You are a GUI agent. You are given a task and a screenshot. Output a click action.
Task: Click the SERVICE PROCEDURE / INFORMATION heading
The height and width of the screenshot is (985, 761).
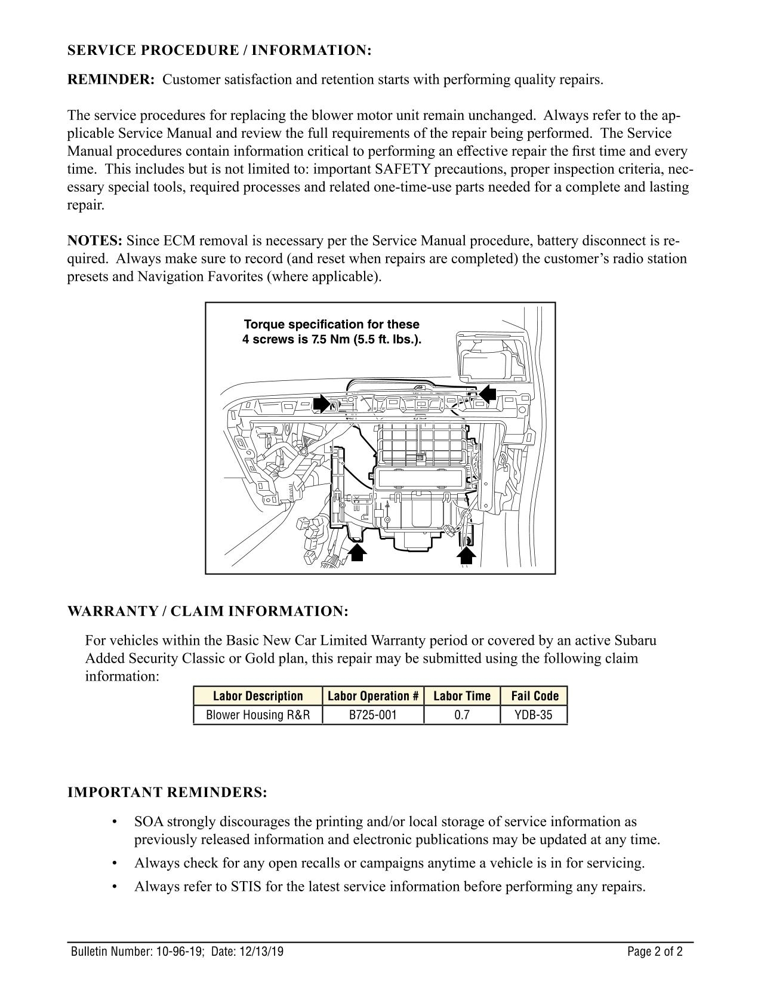coord(219,50)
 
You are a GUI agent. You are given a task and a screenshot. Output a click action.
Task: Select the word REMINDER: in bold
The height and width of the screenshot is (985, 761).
coord(111,80)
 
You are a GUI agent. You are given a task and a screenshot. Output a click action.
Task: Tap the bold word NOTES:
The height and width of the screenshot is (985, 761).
coord(95,241)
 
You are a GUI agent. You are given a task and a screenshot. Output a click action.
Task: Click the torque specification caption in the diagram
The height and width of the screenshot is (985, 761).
coord(331,332)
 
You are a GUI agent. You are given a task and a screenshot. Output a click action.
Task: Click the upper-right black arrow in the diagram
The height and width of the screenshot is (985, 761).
coord(488,395)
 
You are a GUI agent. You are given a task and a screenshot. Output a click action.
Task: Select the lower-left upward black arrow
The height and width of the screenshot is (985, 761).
coord(357,553)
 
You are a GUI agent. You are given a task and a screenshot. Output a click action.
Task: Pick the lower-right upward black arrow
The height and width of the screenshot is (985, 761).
coord(466,555)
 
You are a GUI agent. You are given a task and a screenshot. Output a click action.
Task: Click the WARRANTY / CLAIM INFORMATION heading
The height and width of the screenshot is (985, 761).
coord(207,611)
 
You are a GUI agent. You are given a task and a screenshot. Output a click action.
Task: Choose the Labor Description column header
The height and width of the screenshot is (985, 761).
coord(258,696)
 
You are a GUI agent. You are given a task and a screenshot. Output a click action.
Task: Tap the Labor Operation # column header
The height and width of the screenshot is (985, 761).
coord(373,696)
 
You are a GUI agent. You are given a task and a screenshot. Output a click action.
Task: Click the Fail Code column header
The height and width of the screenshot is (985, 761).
coord(534,696)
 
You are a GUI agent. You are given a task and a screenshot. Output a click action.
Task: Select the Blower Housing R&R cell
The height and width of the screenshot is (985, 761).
coord(258,715)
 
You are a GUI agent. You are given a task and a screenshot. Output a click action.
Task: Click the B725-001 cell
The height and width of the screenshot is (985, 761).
coord(373,715)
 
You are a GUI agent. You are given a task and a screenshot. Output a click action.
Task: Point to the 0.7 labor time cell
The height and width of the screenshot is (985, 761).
coord(462,715)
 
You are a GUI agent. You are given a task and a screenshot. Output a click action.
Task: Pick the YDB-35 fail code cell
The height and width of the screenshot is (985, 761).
coord(534,715)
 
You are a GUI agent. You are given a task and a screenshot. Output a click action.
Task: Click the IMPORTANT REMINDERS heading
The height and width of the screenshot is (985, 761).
coord(167,793)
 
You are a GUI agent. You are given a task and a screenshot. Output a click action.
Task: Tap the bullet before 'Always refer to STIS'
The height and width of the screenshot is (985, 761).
coord(114,886)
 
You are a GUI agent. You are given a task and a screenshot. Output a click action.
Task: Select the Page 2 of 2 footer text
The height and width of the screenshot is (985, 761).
coord(655,952)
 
